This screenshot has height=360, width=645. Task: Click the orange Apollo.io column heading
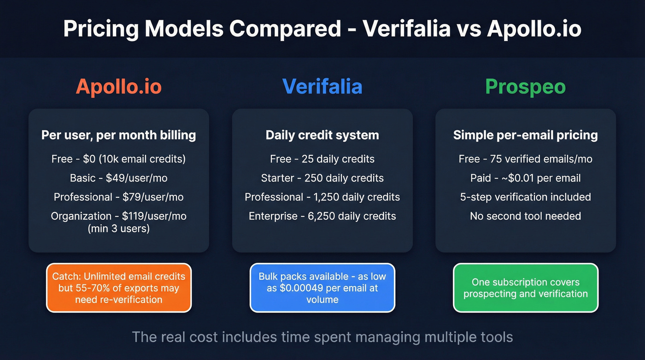(118, 86)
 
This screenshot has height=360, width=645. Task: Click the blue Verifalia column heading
(322, 86)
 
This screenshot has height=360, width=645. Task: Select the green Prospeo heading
(525, 86)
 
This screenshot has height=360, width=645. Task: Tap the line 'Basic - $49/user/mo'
(118, 178)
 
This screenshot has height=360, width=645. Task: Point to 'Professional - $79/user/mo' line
(118, 197)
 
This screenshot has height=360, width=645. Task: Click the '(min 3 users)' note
(118, 228)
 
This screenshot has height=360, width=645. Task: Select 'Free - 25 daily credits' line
(322, 159)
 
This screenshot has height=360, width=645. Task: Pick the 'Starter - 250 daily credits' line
(322, 178)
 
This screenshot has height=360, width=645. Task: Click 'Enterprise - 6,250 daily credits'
(322, 216)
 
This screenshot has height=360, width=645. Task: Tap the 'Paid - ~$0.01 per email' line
(525, 178)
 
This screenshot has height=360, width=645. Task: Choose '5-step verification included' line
(525, 197)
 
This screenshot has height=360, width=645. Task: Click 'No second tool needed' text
(525, 216)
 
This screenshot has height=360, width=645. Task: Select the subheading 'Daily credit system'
(322, 135)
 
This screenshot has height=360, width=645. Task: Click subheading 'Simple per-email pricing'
(525, 135)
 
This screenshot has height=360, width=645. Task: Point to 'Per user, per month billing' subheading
(118, 135)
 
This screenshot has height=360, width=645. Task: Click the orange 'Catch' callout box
(118, 288)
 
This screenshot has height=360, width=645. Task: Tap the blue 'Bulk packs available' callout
(322, 288)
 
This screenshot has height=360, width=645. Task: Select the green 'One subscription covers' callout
(525, 288)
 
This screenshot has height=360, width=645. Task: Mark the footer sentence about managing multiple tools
(322, 337)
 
